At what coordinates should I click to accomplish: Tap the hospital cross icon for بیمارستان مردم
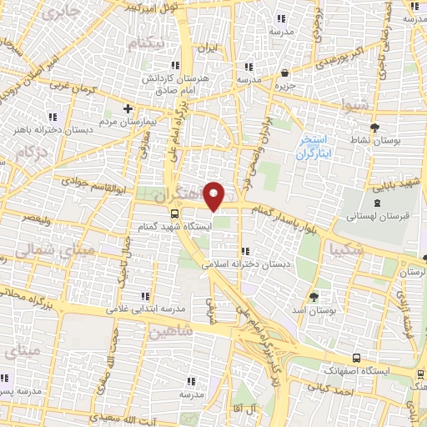tap(128, 108)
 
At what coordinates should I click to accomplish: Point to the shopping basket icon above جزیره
tap(285, 73)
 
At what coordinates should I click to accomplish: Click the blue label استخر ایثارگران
tap(314, 148)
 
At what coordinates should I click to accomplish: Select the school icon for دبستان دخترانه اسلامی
tap(244, 251)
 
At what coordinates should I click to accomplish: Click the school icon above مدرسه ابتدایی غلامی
tap(146, 296)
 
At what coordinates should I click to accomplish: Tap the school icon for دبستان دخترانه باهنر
tap(53, 116)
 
